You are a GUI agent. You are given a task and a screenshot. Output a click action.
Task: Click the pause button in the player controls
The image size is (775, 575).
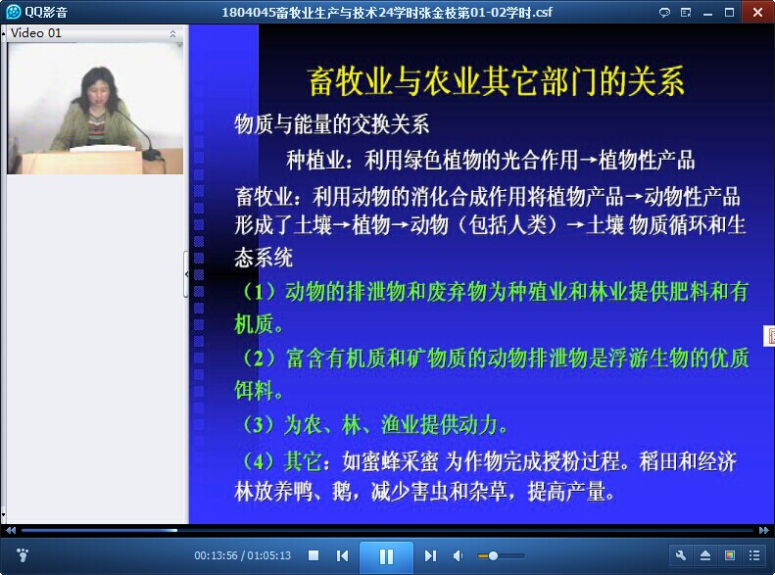coord(386,556)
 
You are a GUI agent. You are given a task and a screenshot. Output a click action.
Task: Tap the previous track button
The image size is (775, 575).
coord(342,556)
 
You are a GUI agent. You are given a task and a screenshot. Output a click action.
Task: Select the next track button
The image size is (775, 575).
coord(430,556)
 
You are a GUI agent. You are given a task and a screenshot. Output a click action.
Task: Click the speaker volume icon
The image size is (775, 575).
coord(458,556)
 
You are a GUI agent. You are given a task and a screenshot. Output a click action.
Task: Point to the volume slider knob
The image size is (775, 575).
coord(493,556)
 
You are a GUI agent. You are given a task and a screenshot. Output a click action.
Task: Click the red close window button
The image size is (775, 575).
coord(757,12)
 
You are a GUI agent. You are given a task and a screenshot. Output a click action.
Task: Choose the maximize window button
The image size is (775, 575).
coord(729,13)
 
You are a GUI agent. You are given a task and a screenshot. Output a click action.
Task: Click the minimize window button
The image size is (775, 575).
coord(707,14)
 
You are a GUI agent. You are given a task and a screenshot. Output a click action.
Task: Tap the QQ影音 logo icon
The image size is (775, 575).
coord(14,12)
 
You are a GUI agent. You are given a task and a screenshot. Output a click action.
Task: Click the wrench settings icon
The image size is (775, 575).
coord(681,555)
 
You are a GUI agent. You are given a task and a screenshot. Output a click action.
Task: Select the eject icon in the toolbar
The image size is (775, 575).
coord(705,555)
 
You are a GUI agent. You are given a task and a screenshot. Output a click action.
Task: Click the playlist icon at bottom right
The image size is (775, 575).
coord(754,555)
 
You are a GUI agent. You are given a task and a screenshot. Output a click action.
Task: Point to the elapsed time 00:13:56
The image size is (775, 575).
coord(216,555)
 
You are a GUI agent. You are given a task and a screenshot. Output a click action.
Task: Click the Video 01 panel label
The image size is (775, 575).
coord(36,33)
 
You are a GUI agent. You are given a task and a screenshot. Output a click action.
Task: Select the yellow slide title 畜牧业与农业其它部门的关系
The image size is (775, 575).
coord(496,81)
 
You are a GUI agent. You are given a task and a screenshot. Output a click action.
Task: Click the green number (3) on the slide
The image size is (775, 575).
coord(258,425)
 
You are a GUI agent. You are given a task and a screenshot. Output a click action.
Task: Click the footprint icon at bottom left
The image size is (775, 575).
coord(23,555)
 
